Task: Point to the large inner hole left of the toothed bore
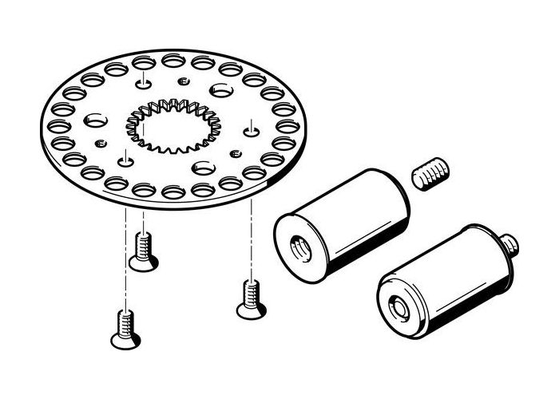[94, 120]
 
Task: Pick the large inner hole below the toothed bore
[201, 168]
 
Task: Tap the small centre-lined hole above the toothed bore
[141, 82]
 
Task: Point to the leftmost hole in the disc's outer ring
[57, 125]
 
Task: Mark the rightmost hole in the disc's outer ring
[287, 126]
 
